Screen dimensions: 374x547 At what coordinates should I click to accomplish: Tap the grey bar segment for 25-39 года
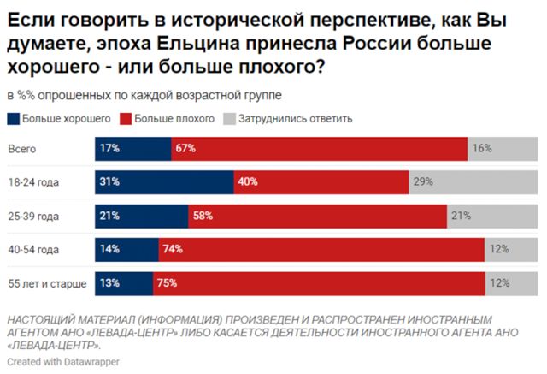click(491, 216)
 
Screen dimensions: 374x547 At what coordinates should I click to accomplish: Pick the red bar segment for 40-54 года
click(321, 249)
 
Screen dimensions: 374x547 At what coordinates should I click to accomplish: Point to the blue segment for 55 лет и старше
click(123, 282)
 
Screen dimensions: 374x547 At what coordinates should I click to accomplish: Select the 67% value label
click(185, 149)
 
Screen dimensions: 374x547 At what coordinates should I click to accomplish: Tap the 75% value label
click(168, 282)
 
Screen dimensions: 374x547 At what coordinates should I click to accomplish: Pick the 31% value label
click(109, 182)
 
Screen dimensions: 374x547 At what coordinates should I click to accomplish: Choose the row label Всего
click(22, 149)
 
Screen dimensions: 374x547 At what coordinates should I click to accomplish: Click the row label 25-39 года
click(33, 216)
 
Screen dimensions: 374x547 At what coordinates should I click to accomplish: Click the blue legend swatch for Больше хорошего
click(13, 118)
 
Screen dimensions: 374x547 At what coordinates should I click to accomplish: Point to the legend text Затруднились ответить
click(296, 118)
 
